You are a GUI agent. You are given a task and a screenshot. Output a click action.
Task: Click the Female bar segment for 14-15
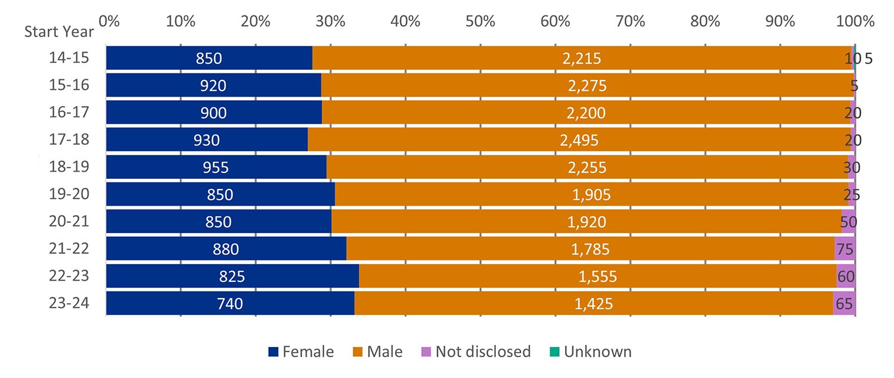point(209,58)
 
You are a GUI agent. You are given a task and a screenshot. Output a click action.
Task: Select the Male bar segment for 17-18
point(579,140)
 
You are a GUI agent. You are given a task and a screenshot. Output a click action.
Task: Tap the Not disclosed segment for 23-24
point(844,303)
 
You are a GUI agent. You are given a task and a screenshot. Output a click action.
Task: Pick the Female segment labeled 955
point(216,167)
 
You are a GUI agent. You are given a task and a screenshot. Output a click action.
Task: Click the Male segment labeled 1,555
point(597,276)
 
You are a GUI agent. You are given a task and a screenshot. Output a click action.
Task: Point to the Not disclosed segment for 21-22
point(845,249)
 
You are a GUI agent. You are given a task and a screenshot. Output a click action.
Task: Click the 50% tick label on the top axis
point(480,21)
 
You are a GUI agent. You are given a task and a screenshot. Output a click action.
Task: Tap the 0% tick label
point(109,21)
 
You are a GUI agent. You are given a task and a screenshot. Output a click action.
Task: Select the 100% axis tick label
point(855,21)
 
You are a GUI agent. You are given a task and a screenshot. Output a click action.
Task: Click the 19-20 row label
point(69,194)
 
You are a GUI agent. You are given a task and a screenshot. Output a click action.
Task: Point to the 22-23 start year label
point(69,276)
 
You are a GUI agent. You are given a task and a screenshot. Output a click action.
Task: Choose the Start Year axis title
point(59,32)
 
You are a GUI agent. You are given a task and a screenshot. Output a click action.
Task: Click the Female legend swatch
point(274,352)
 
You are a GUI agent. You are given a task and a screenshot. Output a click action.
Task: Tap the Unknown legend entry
point(591,352)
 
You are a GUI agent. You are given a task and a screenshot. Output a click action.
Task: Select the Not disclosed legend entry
point(476,352)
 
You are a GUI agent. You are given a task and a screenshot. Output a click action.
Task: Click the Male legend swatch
point(358,352)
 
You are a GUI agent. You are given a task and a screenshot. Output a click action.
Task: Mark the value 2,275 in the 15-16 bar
point(587,85)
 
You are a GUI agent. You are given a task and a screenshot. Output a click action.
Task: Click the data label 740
point(230,303)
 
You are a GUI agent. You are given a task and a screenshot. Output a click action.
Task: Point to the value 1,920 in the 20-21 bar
point(586,222)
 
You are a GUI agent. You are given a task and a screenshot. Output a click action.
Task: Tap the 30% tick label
point(330,21)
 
